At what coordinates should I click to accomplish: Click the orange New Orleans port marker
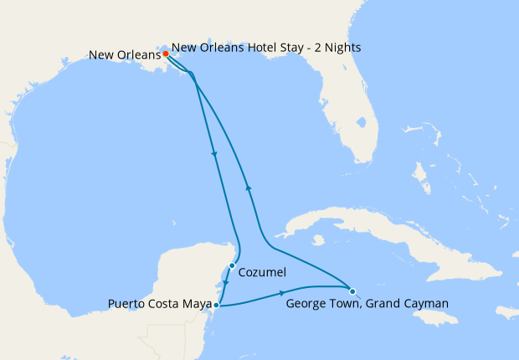pos(166,54)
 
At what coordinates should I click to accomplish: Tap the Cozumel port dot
pos(232,266)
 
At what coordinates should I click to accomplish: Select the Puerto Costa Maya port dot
pos(216,306)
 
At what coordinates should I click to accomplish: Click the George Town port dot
pos(352,291)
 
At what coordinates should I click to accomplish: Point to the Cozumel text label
pos(263,273)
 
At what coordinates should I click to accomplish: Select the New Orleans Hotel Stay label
pos(266,48)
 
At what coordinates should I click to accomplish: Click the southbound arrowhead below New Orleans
pos(215,153)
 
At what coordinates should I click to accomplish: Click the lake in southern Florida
pos(361,122)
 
